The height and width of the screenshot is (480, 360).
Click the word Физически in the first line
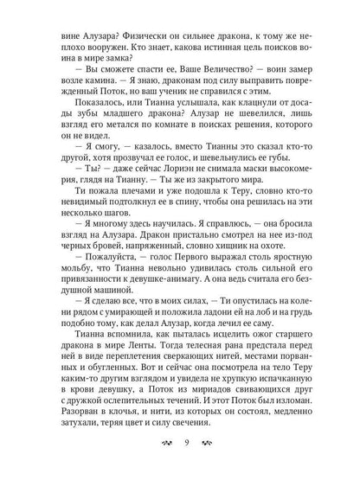coord(131,25)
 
